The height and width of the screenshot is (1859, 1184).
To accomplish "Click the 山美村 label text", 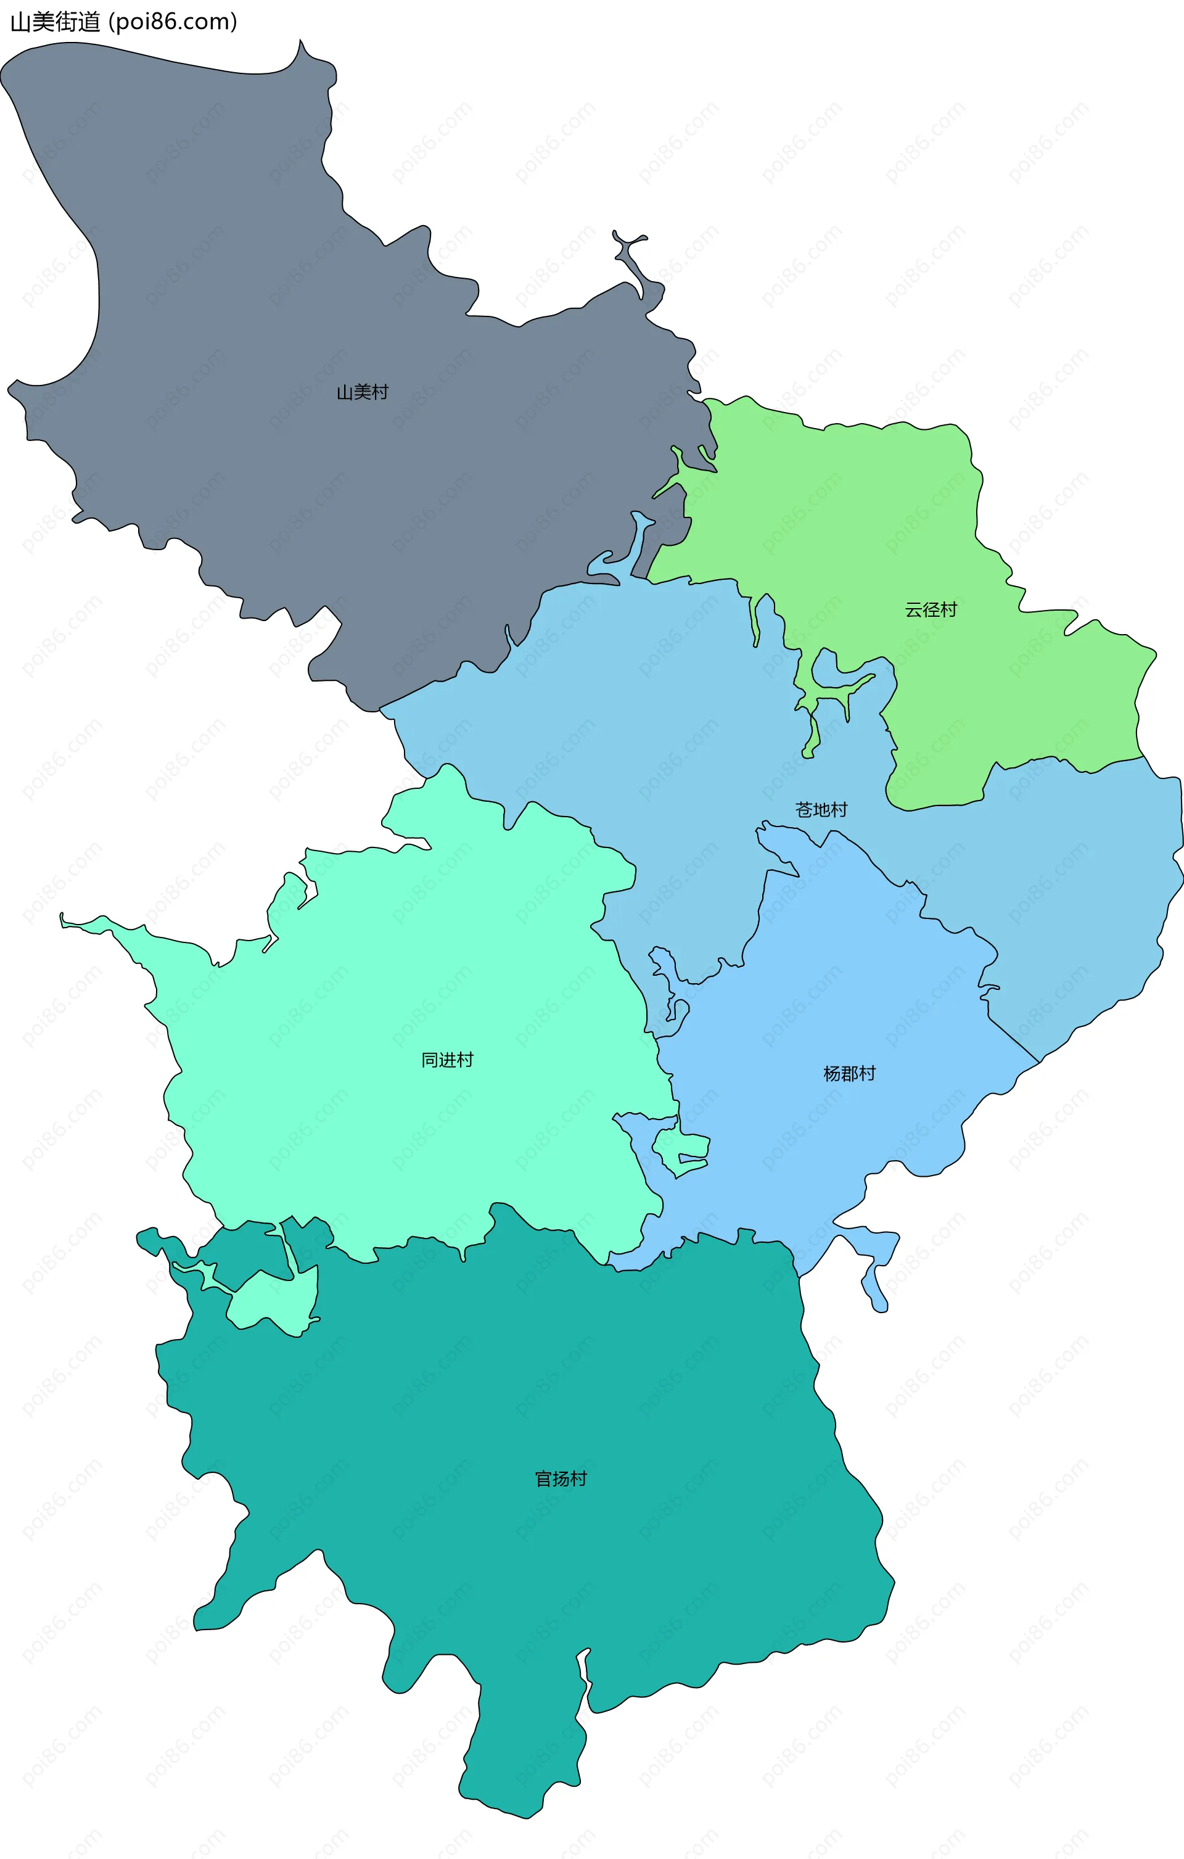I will coord(362,392).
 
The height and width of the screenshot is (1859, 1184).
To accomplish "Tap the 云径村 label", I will coord(931,610).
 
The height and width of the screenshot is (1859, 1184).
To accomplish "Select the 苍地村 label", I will coord(821,810).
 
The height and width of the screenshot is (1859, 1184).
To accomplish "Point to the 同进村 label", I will coord(447,1060).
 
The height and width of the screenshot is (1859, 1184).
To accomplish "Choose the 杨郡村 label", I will coord(849,1074).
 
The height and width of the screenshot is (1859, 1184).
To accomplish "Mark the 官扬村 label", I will coord(561,1479).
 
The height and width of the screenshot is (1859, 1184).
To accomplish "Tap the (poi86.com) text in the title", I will coord(173,22).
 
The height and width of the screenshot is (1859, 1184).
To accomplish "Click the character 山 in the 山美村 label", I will coord(345,392).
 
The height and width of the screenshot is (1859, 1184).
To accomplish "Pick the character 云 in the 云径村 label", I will coord(914,610).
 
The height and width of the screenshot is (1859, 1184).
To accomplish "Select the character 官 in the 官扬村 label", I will coord(544,1479).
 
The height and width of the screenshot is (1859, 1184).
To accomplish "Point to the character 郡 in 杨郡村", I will coord(849,1074).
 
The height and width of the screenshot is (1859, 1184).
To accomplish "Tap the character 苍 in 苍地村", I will coord(804,810).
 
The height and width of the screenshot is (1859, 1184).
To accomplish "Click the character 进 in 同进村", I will coord(447,1060).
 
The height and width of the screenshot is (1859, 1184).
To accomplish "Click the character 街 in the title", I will coord(67,22).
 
